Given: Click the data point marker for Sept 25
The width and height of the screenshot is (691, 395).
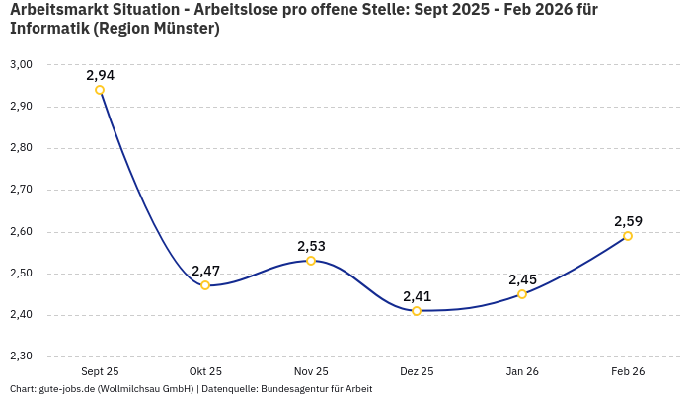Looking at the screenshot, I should click(x=100, y=90).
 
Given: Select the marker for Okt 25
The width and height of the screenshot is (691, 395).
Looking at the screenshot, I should click(x=205, y=285).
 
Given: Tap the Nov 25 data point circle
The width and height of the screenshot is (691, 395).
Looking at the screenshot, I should click(x=311, y=261).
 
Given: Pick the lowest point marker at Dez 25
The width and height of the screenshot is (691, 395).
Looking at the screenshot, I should click(x=417, y=311).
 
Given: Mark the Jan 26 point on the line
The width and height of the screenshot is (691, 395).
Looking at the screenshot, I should click(x=522, y=294).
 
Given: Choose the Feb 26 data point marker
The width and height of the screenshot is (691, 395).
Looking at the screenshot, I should click(x=628, y=236).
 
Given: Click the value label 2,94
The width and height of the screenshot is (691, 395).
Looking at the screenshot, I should click(x=100, y=75).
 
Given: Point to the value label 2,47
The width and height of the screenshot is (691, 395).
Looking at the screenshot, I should click(x=205, y=271).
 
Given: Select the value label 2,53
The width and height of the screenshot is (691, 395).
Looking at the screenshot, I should click(x=311, y=246).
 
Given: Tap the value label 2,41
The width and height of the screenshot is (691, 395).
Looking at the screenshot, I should click(x=417, y=296).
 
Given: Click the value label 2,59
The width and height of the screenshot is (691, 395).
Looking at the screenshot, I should click(x=628, y=221).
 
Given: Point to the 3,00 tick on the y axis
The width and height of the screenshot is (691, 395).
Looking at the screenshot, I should click(x=21, y=64).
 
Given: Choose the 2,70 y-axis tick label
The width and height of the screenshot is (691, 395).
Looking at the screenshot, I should click(x=21, y=189).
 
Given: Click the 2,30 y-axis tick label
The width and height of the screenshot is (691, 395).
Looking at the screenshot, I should click(x=21, y=355).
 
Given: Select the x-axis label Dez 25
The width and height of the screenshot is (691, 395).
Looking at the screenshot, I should click(x=417, y=371).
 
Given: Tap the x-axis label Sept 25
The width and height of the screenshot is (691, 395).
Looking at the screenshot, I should click(x=100, y=371).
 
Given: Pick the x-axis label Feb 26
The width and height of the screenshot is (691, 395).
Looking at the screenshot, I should click(x=628, y=371).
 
